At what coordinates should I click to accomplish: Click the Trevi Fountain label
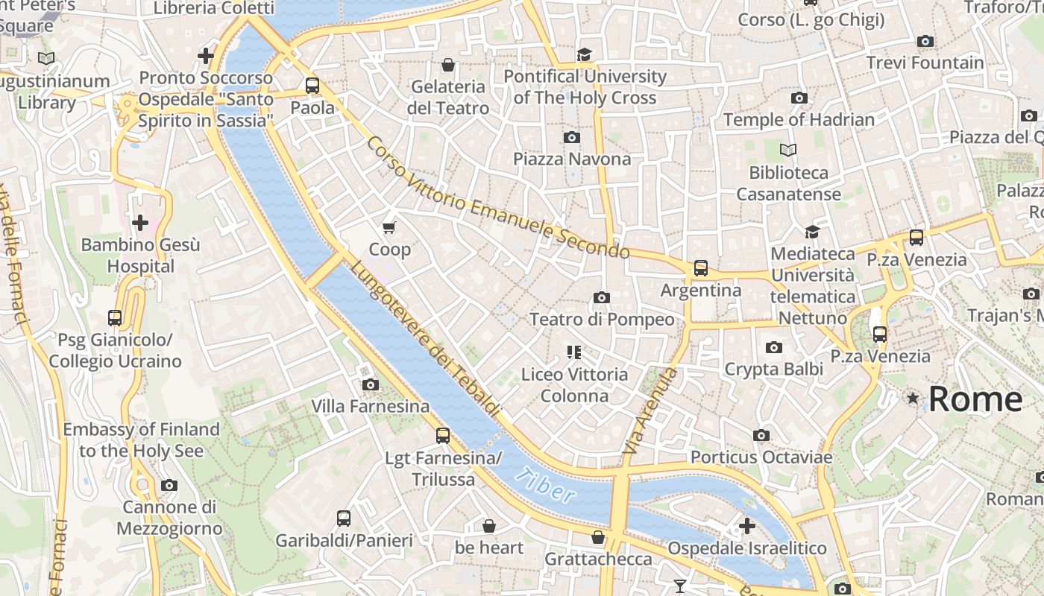925,63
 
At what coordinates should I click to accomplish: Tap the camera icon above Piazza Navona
572,137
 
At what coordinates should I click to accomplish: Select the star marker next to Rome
913,399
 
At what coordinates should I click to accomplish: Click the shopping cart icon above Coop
389,227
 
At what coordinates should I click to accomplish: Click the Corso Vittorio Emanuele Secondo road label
497,198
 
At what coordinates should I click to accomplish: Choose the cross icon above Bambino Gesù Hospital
140,223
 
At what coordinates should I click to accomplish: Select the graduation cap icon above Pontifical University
584,54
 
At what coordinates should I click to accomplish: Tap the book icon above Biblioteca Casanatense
788,150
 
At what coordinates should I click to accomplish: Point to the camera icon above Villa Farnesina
370,384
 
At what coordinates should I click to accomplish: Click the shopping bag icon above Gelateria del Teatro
448,66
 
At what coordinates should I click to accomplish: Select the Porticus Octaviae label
761,457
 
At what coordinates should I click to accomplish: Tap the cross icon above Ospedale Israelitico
746,526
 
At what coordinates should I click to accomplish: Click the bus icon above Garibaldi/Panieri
343,519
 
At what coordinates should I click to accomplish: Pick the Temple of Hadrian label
799,119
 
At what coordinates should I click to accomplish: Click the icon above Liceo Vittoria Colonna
573,352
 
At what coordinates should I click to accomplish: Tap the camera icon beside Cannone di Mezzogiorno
169,486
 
